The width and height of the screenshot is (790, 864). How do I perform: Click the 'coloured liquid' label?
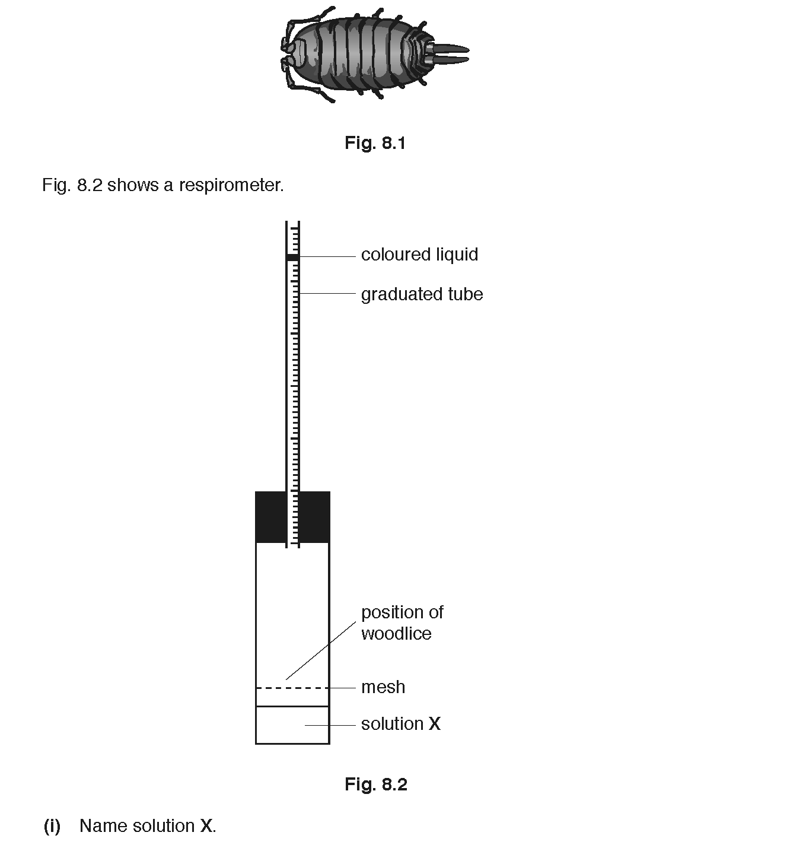(x=419, y=255)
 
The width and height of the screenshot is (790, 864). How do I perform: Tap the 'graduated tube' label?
(x=422, y=294)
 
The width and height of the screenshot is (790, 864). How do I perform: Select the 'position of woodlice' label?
(x=402, y=623)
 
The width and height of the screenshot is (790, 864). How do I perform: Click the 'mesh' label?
(x=383, y=687)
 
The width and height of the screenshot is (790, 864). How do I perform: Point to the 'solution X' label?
(x=401, y=724)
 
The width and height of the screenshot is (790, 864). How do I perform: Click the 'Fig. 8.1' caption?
(x=375, y=143)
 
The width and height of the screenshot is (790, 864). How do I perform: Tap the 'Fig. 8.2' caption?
(x=376, y=784)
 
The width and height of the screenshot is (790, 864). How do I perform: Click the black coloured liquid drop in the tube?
(x=293, y=257)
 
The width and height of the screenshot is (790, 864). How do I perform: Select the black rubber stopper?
(x=293, y=517)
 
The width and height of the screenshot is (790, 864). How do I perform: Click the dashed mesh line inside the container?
(x=293, y=688)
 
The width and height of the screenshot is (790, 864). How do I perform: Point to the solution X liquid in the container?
(x=293, y=725)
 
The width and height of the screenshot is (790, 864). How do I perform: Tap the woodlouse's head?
(x=297, y=54)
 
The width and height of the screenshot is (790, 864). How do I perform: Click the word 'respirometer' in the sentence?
(x=231, y=186)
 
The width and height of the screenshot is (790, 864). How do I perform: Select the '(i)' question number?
(x=52, y=826)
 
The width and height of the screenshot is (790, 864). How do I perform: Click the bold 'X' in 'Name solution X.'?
(x=206, y=826)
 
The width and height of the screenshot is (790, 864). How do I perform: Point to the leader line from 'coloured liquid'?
(x=327, y=257)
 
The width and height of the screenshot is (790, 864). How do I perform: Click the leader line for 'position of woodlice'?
(x=321, y=650)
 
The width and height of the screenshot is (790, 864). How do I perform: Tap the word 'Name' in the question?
(x=104, y=826)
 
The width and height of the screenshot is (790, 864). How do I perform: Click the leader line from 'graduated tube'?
(x=327, y=294)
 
